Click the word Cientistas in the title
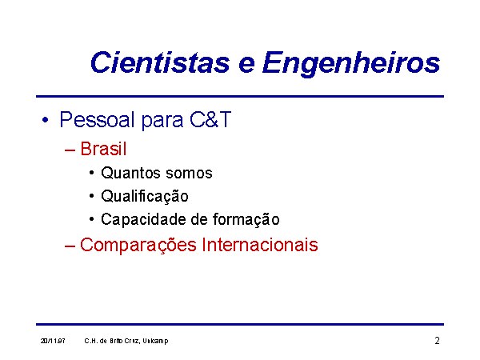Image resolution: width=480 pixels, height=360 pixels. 160,62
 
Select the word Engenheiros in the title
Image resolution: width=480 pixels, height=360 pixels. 351,64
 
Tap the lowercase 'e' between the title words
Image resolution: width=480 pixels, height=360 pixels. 246,66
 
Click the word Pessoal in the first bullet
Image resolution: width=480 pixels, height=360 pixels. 97,119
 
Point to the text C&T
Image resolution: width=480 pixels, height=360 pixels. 210,119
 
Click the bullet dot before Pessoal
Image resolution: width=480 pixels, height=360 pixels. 46,120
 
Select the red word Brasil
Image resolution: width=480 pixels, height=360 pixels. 103,149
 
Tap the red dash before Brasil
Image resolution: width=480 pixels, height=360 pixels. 70,150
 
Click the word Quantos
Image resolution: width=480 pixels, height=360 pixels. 131,173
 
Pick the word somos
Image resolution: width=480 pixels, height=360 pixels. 189,174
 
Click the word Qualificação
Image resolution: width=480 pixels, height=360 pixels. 145,196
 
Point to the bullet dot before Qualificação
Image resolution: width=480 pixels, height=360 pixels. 91,196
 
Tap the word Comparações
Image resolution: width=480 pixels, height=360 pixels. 138,246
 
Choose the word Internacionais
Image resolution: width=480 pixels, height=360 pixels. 259,245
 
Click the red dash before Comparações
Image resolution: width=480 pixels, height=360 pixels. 70,246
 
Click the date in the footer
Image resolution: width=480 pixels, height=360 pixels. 53,341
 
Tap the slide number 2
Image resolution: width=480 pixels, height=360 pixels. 437,341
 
